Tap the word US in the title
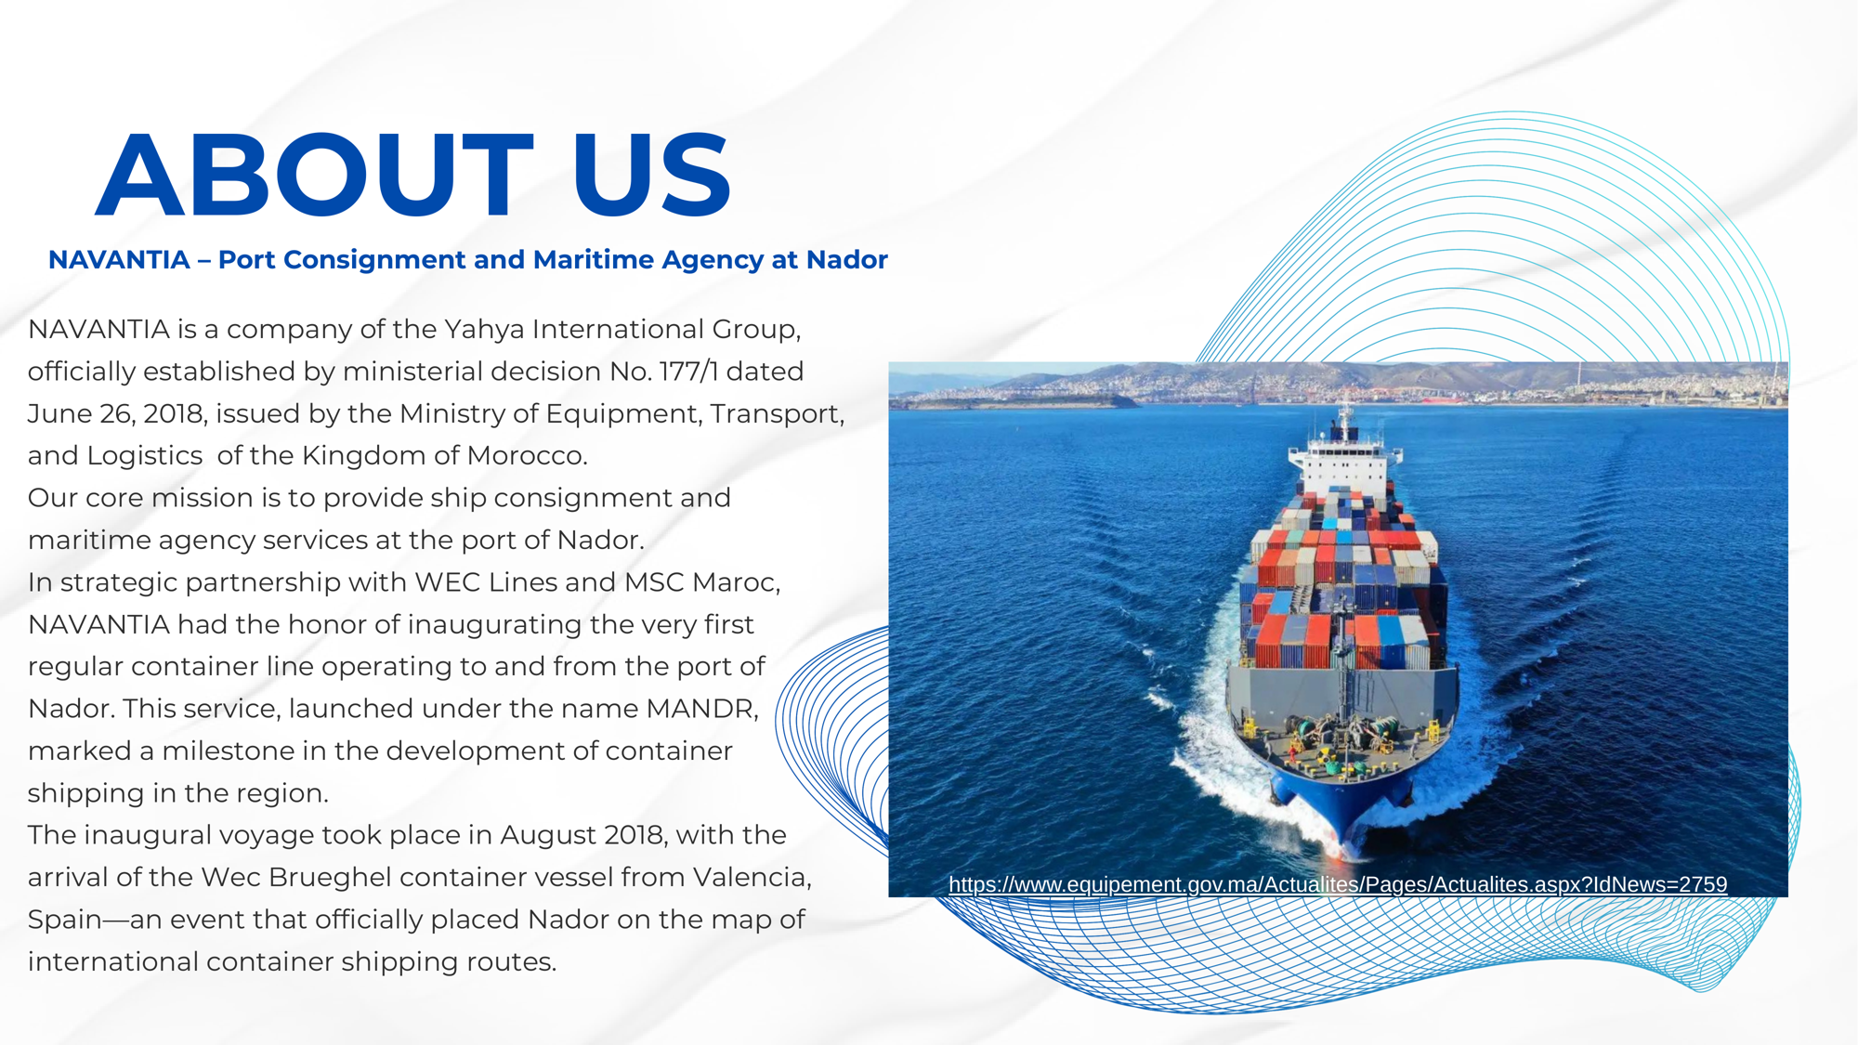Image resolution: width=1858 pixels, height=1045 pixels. pos(651,176)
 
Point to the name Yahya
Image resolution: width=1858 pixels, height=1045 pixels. pos(484,330)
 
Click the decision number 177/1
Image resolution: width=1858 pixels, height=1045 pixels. pos(688,372)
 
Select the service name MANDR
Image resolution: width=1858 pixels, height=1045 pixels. pos(700,709)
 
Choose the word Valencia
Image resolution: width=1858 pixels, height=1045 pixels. pos(752,878)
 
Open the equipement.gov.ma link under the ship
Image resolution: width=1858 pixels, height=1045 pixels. pos(1338,884)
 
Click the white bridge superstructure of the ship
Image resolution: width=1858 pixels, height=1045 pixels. pos(1344,464)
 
